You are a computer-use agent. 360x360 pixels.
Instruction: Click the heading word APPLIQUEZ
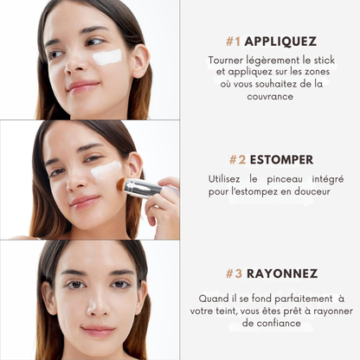tap(280, 41)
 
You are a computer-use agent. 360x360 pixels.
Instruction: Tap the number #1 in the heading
tap(233, 41)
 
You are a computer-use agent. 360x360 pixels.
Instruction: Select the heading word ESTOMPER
tap(281, 160)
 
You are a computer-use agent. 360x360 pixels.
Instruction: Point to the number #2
tap(237, 160)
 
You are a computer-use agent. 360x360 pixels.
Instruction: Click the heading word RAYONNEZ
tap(282, 273)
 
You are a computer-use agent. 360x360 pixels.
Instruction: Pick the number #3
tap(235, 273)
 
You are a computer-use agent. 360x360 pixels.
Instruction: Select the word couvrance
tap(269, 97)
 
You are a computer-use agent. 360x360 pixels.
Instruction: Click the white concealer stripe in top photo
tap(107, 57)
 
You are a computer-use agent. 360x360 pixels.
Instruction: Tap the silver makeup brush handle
tap(140, 188)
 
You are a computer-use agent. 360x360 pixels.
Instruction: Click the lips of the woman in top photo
tap(83, 86)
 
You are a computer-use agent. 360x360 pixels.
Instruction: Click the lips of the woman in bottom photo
tap(95, 329)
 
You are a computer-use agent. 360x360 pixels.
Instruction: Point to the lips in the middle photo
tap(85, 201)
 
